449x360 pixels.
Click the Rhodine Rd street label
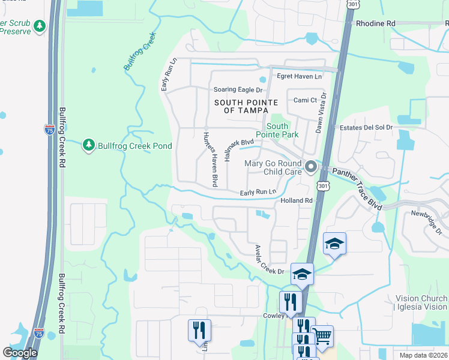click(376, 23)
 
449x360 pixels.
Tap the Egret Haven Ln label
click(299, 76)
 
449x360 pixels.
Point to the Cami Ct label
click(305, 100)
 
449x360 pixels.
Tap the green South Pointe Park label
click(277, 130)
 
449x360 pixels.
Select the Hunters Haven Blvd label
click(209, 159)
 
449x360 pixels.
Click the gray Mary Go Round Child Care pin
click(310, 167)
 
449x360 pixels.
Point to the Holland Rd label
click(297, 200)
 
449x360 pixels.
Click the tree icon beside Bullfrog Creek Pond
click(89, 145)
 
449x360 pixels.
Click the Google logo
click(20, 353)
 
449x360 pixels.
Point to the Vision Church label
click(421, 299)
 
